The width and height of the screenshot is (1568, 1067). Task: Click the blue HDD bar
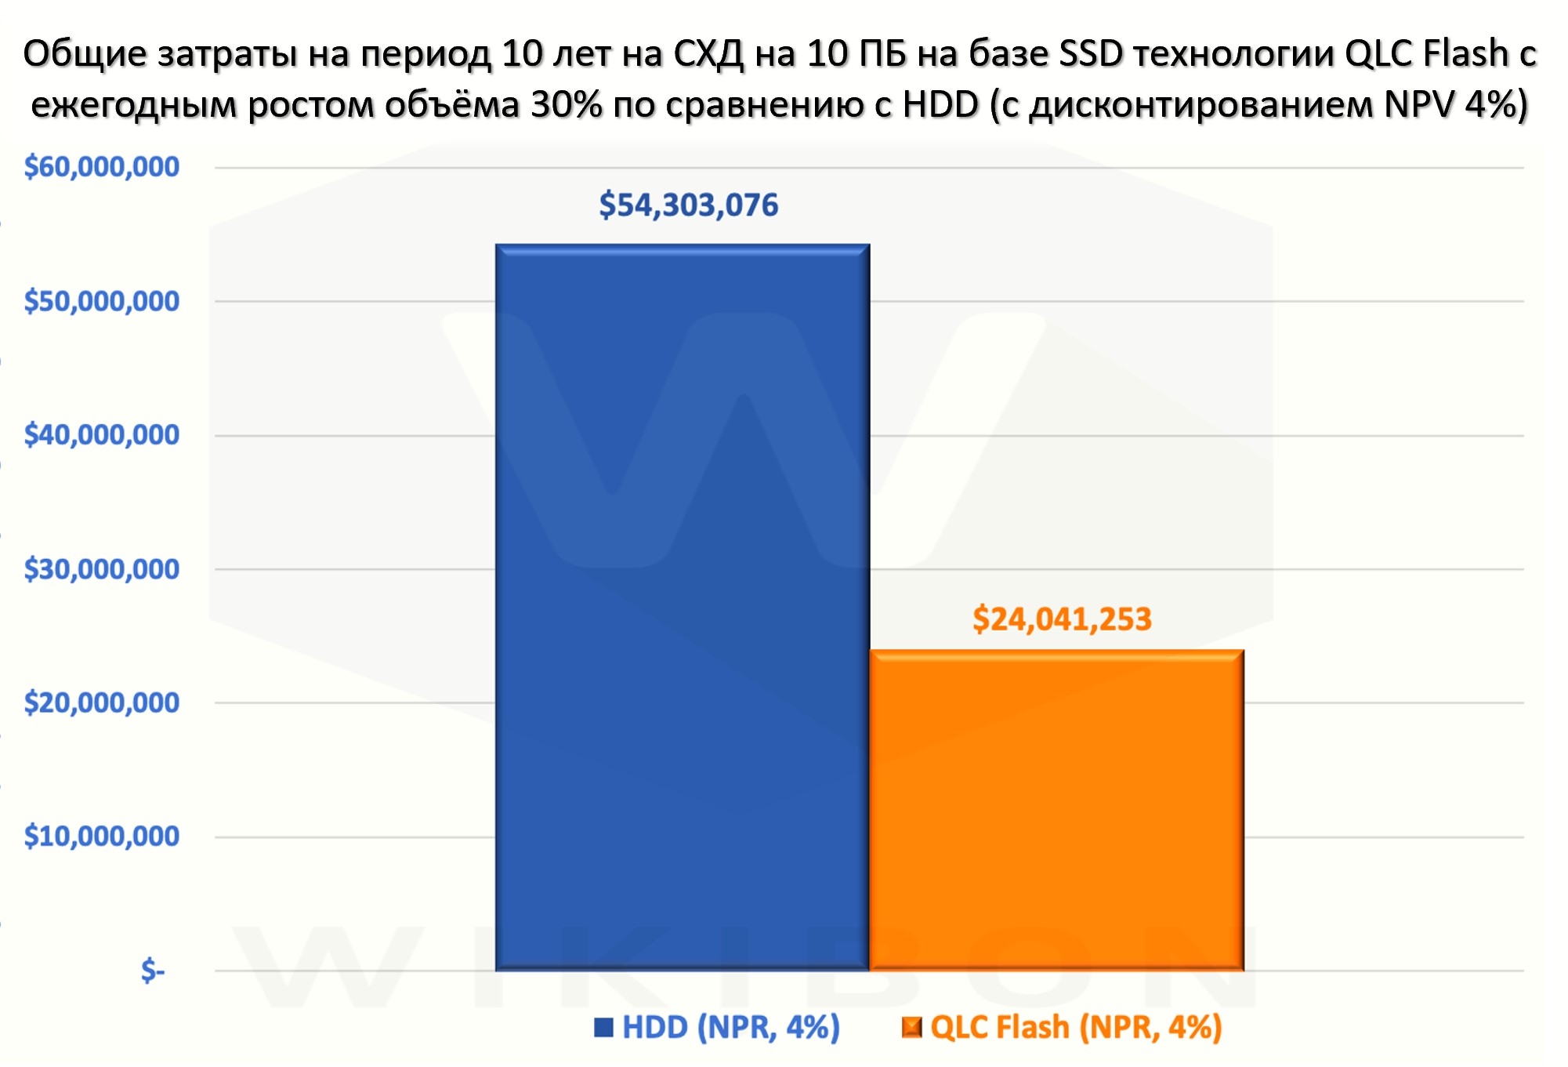click(x=682, y=608)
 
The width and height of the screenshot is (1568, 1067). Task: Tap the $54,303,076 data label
click(x=688, y=205)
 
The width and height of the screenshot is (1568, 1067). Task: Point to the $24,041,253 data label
click(x=1062, y=619)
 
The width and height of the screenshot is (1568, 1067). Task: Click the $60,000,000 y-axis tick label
click(x=102, y=167)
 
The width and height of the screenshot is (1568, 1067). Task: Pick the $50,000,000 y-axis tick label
click(x=102, y=301)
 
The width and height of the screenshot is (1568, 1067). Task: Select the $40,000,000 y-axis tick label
click(x=102, y=435)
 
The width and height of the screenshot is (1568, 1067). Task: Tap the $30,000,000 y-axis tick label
click(x=102, y=569)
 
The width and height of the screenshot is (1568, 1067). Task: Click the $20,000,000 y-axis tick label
click(x=102, y=702)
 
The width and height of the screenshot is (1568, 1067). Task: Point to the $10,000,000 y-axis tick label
click(x=102, y=837)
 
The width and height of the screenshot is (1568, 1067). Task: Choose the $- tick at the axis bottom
click(x=153, y=971)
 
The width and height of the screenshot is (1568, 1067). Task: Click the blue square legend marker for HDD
click(x=603, y=1028)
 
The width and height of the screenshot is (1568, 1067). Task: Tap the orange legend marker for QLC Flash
click(x=911, y=1028)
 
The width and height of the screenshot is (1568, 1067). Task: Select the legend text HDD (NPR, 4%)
click(x=730, y=1028)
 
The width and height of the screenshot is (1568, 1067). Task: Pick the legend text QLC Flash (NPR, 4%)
click(x=1076, y=1028)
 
